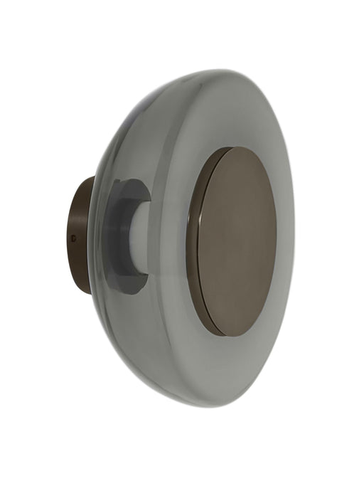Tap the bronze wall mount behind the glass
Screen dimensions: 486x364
[x=80, y=235]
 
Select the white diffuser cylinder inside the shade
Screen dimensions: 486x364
[x=139, y=236]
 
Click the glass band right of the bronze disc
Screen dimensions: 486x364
[x=285, y=238]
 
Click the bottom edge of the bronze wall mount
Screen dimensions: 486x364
[x=85, y=292]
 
